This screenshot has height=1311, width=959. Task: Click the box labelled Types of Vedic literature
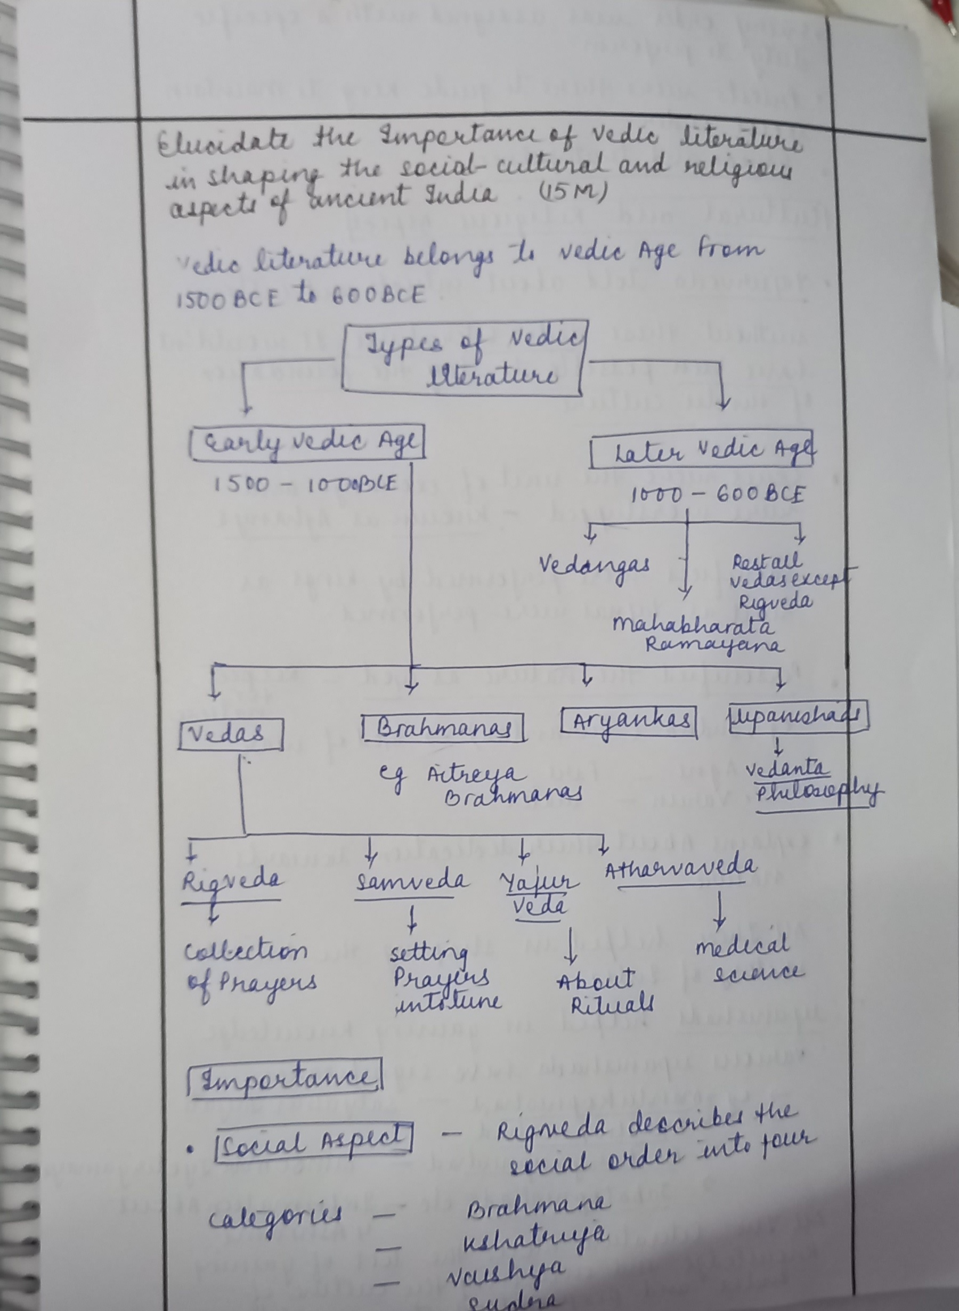click(x=465, y=359)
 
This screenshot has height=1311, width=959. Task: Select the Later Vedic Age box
click(x=701, y=450)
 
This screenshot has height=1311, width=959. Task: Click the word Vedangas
click(x=595, y=565)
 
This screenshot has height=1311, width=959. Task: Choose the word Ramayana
click(x=714, y=645)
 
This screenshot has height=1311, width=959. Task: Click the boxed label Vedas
click(x=231, y=734)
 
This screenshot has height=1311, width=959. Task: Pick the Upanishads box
click(x=798, y=718)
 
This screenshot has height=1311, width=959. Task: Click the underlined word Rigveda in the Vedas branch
click(x=231, y=881)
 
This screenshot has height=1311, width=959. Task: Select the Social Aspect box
click(x=313, y=1142)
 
